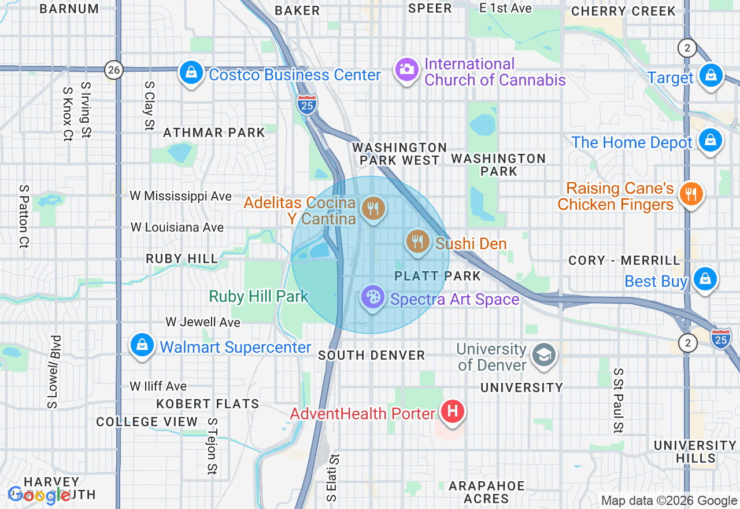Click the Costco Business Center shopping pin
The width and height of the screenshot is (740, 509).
190,73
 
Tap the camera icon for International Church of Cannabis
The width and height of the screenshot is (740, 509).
406,70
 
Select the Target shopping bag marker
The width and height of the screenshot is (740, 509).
711,76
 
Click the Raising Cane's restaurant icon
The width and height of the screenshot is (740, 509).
690,194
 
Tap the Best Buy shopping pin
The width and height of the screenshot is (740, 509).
705,279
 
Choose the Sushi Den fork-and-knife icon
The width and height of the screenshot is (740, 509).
417,241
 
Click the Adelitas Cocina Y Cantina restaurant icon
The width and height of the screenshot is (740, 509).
373,208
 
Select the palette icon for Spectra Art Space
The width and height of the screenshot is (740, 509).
373,298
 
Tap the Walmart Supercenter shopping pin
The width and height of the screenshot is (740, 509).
142,345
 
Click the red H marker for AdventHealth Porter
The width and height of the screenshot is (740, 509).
453,412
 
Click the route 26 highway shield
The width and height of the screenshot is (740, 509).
114,71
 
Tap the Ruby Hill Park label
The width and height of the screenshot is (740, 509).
258,297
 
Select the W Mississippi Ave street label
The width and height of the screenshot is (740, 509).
181,196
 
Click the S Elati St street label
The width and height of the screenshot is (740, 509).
331,477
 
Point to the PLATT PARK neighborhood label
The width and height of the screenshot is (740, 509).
438,276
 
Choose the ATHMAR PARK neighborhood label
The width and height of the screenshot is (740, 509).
214,132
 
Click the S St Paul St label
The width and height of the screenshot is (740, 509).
618,400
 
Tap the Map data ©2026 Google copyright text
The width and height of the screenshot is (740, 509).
669,501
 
